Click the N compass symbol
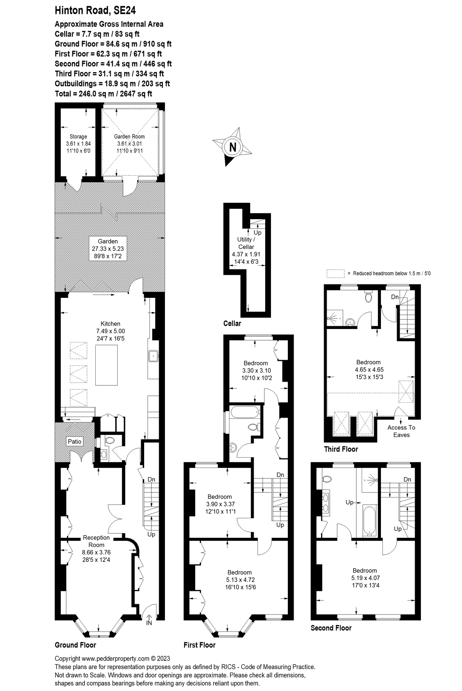tap(233, 147)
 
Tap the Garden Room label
tap(129, 136)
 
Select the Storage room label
tap(78, 136)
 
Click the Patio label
tap(75, 441)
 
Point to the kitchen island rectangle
tap(106, 365)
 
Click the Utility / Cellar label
tap(246, 243)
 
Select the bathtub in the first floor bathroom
tap(245, 413)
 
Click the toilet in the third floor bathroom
tap(368, 297)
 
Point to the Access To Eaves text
tap(401, 431)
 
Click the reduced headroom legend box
tap(335, 273)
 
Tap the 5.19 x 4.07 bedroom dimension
tap(365, 578)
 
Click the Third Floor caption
tap(341, 449)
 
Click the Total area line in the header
tap(103, 94)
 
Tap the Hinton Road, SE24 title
tap(95, 10)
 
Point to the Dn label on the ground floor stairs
tap(151, 479)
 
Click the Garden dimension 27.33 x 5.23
tap(108, 249)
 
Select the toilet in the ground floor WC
tap(110, 440)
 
